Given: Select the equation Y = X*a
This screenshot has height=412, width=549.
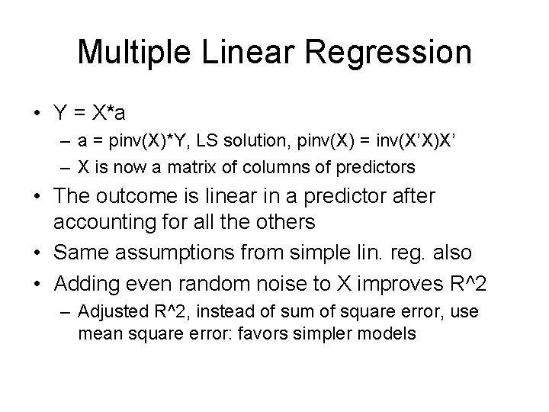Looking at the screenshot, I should point(91,112).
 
